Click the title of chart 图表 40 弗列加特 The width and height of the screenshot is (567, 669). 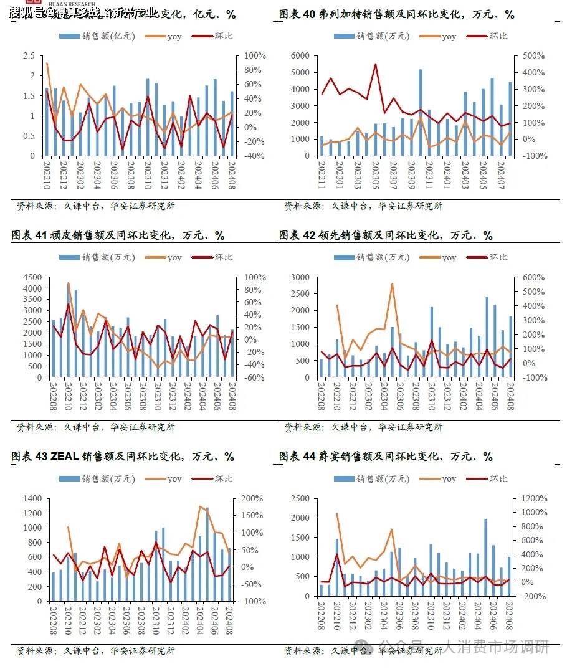[396, 14]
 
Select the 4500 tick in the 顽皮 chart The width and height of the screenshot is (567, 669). [32, 277]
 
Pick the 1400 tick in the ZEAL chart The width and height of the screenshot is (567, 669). [33, 499]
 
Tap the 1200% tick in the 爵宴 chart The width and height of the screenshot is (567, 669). [535, 499]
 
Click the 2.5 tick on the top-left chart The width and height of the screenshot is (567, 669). [29, 56]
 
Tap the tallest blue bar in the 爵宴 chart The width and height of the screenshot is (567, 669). [485, 557]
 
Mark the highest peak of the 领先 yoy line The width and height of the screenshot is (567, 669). [393, 284]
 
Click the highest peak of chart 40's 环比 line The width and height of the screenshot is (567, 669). [375, 64]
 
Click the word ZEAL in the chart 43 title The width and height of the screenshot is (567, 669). [64, 457]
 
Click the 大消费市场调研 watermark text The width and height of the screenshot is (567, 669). [496, 647]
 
